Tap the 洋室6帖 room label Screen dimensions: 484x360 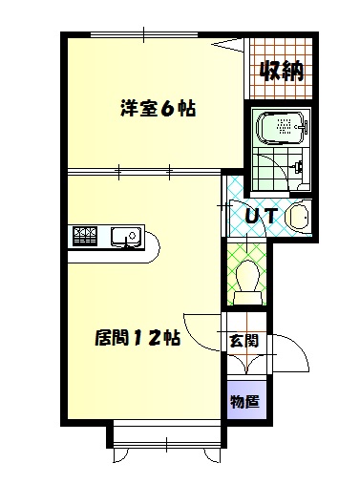158,109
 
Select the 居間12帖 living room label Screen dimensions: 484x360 138,337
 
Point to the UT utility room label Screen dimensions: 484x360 261,216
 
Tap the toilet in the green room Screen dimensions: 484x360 248,274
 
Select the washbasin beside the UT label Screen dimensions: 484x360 298,218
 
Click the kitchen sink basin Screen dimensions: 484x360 125,236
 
